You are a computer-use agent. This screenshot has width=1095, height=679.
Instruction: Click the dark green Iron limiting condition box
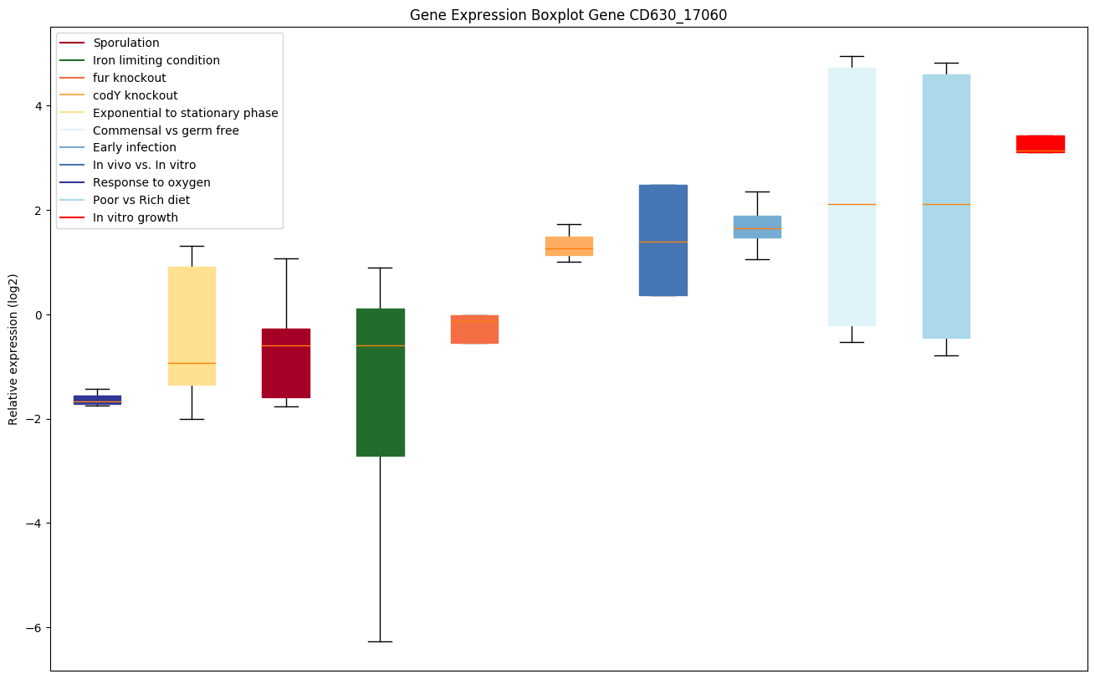point(381,382)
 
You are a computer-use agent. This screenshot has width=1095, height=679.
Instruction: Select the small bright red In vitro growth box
point(1041,144)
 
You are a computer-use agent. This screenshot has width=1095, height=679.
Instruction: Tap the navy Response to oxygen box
point(97,400)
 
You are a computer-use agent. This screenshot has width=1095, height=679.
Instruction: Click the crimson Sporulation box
point(286,363)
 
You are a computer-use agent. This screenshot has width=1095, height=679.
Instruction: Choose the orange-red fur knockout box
point(474,329)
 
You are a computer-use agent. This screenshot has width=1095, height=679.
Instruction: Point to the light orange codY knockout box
point(569,246)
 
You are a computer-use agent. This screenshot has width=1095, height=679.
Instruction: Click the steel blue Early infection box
point(757,227)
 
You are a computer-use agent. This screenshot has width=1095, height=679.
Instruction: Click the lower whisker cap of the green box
point(381,641)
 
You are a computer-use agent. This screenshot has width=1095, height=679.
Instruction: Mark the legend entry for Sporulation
point(126,43)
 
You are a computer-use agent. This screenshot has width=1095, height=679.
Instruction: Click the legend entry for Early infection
point(135,148)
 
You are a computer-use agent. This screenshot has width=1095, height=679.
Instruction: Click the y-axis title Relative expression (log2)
point(13,349)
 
